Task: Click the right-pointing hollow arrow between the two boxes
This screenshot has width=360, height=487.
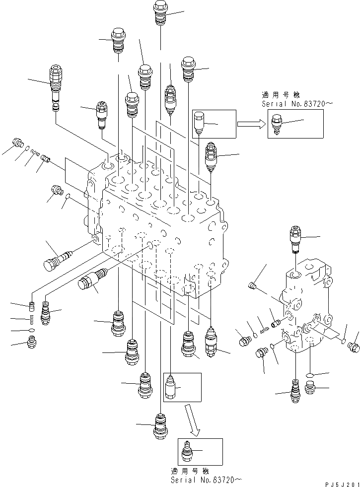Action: [251, 124]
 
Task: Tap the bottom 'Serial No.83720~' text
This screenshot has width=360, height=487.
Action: [206, 480]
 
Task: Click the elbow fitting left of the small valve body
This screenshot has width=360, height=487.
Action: [252, 285]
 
